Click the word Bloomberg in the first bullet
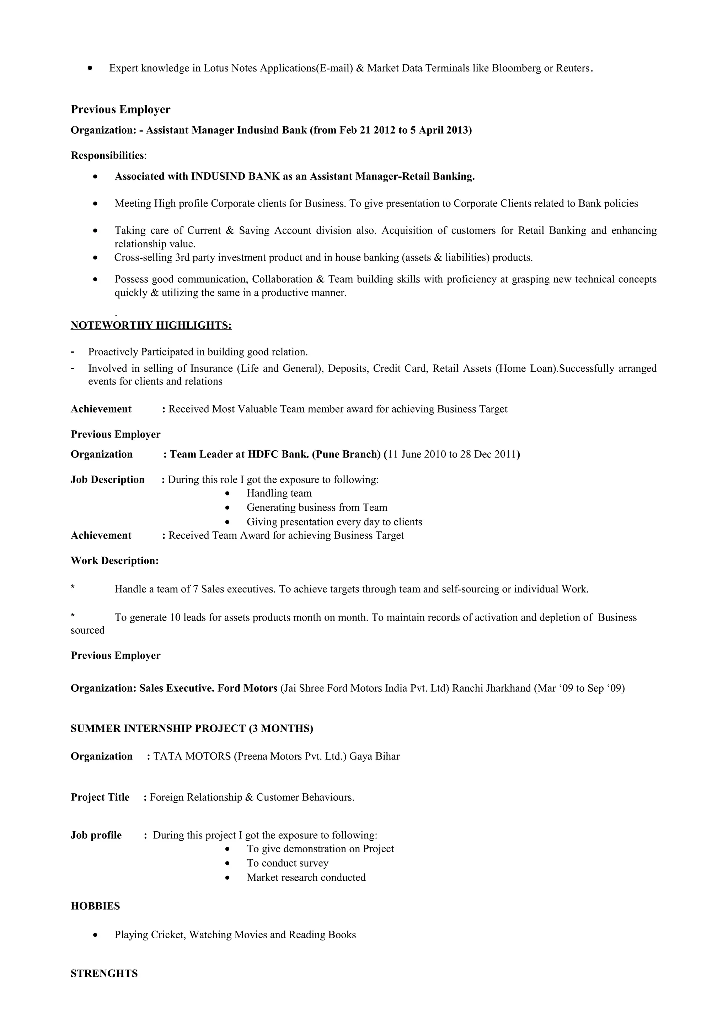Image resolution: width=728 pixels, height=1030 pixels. click(516, 68)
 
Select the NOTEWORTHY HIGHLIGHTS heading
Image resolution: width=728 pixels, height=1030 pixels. click(151, 325)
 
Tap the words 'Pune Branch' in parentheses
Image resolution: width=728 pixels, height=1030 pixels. click(346, 455)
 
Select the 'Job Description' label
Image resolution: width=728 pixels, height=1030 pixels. click(108, 479)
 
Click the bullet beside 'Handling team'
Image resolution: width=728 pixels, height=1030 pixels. click(228, 493)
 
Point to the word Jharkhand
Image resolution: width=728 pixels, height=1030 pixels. click(509, 688)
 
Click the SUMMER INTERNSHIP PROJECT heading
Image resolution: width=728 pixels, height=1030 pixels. click(192, 729)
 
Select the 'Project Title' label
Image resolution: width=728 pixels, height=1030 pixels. click(100, 797)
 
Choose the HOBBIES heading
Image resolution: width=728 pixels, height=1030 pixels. click(95, 906)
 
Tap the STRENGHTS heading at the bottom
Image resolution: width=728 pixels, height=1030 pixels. click(104, 973)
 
